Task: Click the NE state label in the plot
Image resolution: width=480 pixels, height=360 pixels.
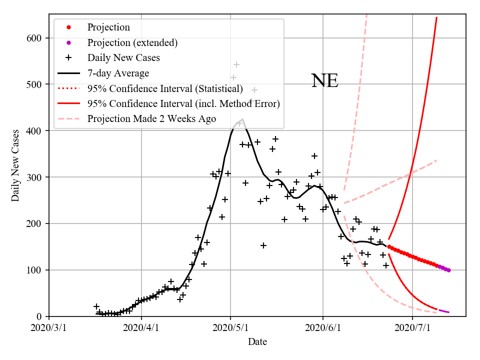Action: point(324,81)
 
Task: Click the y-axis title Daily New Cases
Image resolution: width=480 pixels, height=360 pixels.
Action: point(15,165)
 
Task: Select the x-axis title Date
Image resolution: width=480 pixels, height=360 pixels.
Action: point(257,342)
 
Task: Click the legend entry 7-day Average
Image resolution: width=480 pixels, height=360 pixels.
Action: point(118,73)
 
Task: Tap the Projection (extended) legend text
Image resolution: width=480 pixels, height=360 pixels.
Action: point(132,42)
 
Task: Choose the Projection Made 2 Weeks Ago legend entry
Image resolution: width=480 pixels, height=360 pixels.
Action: point(151,118)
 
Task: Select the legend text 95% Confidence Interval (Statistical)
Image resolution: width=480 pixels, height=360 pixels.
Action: point(165,88)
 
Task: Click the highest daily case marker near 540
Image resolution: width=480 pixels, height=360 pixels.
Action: point(236,64)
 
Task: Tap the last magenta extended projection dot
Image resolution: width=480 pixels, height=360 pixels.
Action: point(448,270)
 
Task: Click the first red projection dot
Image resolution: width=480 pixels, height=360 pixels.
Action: point(389,246)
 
